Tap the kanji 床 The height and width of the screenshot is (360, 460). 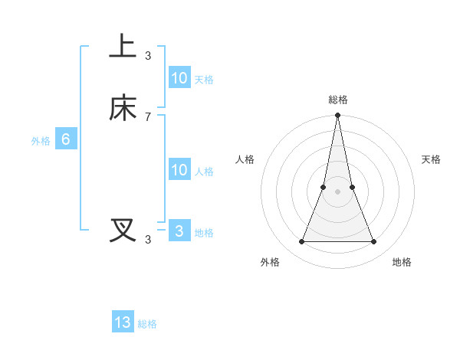click(x=123, y=108)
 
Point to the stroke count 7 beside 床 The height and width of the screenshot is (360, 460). click(x=148, y=116)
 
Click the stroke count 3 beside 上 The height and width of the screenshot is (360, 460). click(x=148, y=55)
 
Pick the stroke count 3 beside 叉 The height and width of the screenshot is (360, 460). click(x=148, y=239)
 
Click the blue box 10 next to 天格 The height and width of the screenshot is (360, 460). click(x=179, y=78)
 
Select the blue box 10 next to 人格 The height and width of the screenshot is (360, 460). click(x=179, y=170)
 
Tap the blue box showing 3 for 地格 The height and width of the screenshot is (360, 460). click(x=179, y=231)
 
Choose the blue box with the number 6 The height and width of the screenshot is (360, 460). click(x=66, y=139)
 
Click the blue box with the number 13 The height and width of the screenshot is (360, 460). click(x=123, y=322)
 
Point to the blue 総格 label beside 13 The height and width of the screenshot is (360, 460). click(x=147, y=324)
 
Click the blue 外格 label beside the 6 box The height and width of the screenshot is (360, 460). click(x=41, y=141)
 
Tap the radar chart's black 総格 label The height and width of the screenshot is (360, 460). click(x=338, y=100)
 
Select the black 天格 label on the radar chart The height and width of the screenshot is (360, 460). click(x=432, y=159)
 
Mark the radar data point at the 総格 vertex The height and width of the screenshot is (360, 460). click(x=338, y=116)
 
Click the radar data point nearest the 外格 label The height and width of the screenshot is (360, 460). click(x=301, y=242)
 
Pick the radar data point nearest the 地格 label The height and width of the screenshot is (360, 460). click(x=374, y=242)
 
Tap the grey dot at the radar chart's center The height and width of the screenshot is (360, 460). click(x=338, y=191)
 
